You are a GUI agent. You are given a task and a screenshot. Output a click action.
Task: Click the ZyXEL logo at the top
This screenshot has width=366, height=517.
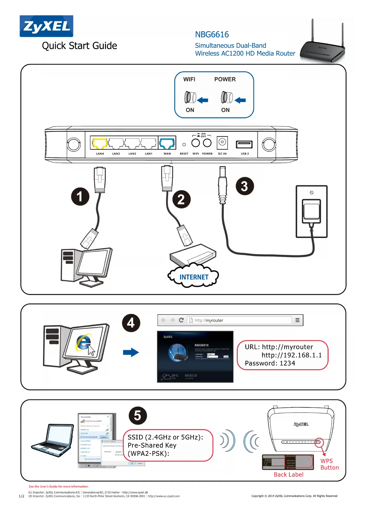46,26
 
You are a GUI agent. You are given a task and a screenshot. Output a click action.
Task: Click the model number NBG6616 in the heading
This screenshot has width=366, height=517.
212,34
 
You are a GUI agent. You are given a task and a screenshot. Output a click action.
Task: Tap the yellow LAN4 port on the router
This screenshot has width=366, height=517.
100,143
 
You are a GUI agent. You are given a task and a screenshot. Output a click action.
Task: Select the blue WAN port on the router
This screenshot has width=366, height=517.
167,143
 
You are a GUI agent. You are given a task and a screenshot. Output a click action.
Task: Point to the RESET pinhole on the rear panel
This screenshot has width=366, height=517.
184,145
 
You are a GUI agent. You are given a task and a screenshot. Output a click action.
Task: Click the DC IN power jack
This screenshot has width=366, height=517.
222,142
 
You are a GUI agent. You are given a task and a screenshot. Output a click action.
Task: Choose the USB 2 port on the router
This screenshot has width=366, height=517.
244,144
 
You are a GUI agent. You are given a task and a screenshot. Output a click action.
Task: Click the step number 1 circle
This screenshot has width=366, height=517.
80,196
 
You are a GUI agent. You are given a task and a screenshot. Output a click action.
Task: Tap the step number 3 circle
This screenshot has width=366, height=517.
244,186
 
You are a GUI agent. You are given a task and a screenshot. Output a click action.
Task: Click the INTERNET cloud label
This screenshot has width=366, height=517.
194,277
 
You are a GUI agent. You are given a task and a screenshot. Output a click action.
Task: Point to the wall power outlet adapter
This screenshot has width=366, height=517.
311,211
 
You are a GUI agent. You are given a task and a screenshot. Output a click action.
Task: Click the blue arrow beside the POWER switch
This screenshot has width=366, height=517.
241,100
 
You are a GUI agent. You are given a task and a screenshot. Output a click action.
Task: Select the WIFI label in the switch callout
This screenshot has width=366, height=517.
189,79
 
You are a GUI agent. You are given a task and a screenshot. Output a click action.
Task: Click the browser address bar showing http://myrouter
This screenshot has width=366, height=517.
239,320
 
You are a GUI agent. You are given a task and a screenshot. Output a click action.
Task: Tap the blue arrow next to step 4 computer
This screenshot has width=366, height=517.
131,352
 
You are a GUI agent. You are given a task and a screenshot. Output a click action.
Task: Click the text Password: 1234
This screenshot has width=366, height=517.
270,363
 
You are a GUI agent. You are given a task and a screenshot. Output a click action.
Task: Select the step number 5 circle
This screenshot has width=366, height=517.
138,416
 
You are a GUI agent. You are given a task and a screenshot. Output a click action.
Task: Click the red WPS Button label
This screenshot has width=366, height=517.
329,464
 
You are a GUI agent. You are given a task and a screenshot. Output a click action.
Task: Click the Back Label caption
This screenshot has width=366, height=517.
288,475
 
